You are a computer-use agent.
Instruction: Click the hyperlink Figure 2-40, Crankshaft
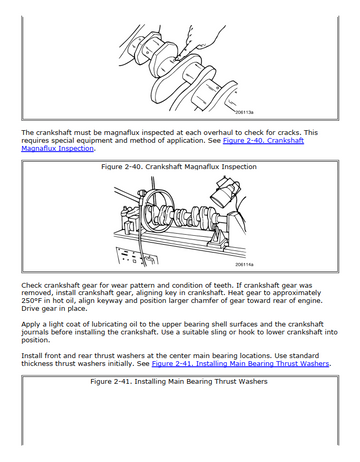[x=263, y=140]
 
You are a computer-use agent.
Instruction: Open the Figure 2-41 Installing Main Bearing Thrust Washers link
[x=240, y=363]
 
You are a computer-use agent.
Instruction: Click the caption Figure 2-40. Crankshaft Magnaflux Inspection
[x=179, y=166]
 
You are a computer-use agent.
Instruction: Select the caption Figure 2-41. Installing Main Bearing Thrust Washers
[x=179, y=381]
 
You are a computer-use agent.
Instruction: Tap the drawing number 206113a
[x=244, y=112]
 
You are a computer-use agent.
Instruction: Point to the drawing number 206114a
[x=244, y=264]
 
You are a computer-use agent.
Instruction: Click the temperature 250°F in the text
[x=31, y=300]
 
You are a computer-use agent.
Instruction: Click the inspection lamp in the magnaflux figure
[x=225, y=192]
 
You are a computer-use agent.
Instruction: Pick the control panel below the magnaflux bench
[x=137, y=257]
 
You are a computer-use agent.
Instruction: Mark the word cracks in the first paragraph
[x=289, y=132]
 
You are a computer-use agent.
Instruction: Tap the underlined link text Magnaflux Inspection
[x=58, y=148]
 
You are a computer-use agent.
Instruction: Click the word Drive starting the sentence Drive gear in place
[x=30, y=308]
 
